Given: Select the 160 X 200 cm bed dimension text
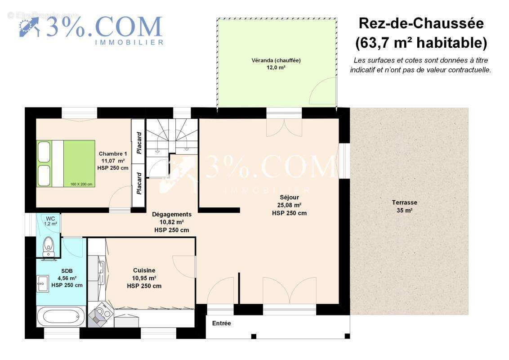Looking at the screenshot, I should click(81, 184).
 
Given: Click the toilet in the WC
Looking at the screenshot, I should click(48, 246).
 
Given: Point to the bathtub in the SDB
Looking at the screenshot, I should click(61, 316).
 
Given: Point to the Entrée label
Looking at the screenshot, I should click(221, 323).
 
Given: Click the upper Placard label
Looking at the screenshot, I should click(139, 143).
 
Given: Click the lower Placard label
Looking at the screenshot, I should click(139, 185).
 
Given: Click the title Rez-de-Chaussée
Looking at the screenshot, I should click(420, 23).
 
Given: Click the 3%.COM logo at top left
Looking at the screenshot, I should click(92, 28).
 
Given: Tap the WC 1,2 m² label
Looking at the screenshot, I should click(50, 221).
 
